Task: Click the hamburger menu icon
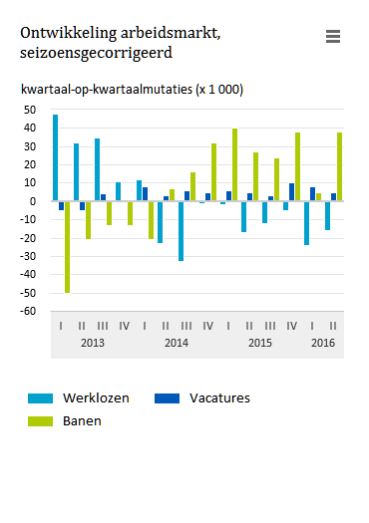coord(333,36)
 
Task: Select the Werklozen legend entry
coord(96,397)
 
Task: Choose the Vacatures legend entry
coord(219,397)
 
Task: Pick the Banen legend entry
coord(82,420)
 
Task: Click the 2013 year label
coord(93,344)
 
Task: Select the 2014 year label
coord(177,344)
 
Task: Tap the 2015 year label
coord(260,344)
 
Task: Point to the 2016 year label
coord(322,344)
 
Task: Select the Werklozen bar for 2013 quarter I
coord(55,157)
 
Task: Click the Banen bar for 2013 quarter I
coord(67,246)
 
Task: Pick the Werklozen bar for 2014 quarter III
coord(181,230)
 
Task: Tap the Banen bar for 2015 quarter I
coord(235,164)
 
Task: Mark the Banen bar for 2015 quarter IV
coord(297,166)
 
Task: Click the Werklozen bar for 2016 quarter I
coord(306,222)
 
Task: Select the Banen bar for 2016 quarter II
coord(339,166)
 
